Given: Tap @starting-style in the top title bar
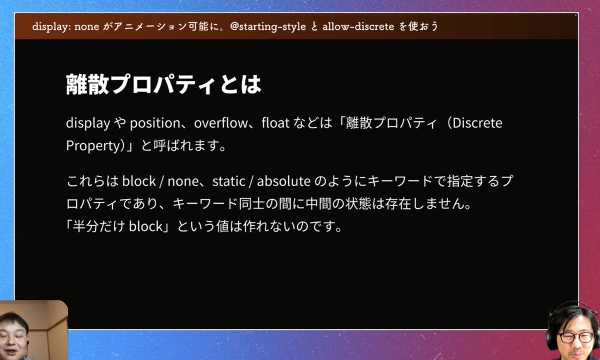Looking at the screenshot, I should (x=267, y=26).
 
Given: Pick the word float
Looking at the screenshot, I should (x=275, y=123).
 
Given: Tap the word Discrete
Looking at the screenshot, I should (x=477, y=123).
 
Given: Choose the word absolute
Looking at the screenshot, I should (x=283, y=181).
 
